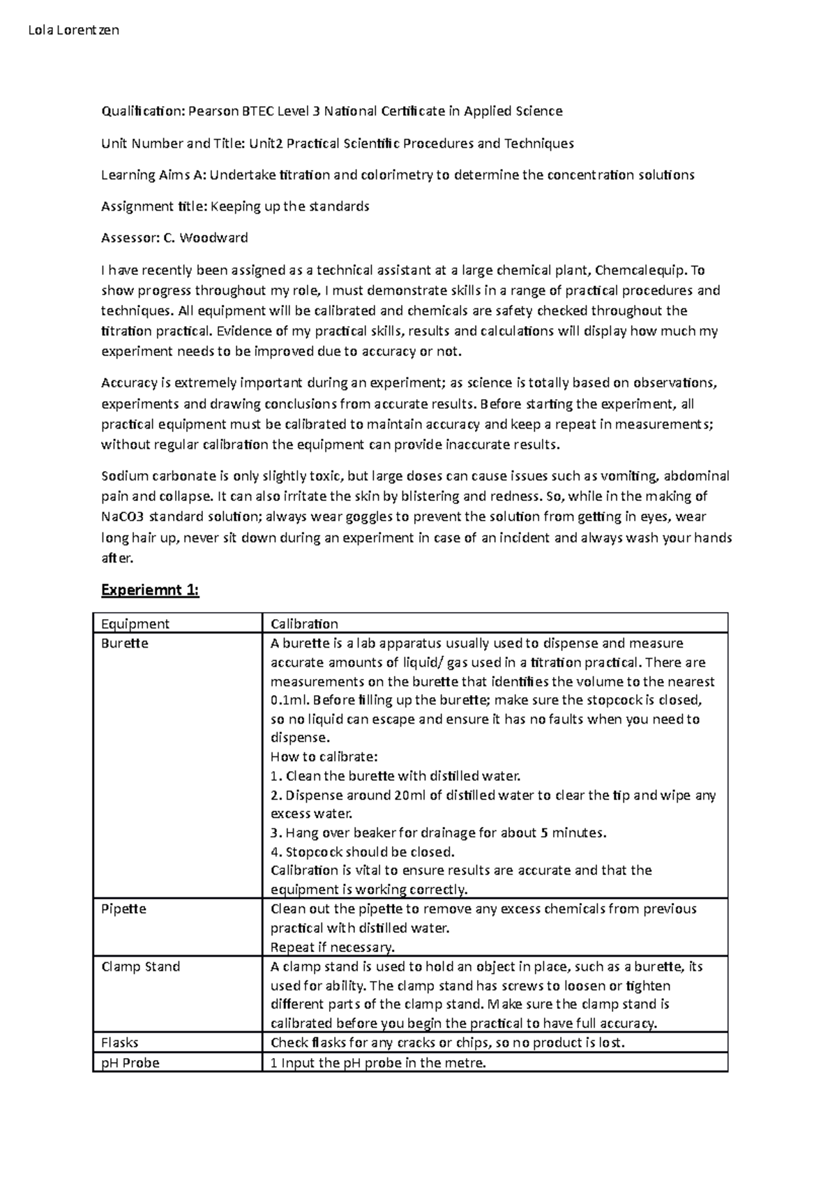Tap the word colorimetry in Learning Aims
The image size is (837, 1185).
[395, 174]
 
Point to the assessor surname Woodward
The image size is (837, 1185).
[213, 238]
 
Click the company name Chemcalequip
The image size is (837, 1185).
[644, 270]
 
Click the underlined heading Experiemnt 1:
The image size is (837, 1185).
[150, 590]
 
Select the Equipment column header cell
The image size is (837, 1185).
[135, 623]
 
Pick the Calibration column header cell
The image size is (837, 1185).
[304, 623]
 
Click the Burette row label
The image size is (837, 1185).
[125, 643]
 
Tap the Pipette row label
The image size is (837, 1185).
[124, 909]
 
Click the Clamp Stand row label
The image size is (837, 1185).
[141, 967]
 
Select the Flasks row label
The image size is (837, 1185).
[120, 1042]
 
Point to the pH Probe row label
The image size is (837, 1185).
[130, 1063]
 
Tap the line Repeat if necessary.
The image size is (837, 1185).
[332, 947]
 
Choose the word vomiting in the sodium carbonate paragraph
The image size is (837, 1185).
[631, 477]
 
